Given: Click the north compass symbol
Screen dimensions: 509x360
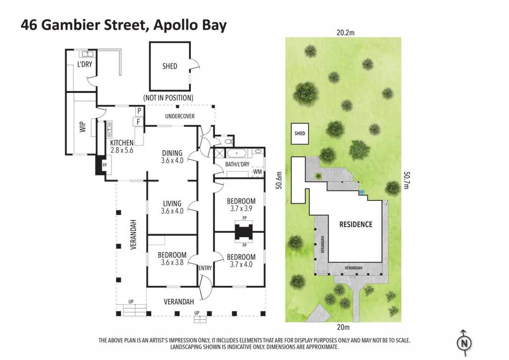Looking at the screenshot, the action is [464, 343].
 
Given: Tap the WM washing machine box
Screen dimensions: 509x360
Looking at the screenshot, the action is [257, 172].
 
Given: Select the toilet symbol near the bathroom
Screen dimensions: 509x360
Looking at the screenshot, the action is [228, 141].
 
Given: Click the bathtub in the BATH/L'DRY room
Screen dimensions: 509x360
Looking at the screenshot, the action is [237, 153].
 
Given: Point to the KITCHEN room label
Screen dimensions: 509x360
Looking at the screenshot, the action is [122, 143].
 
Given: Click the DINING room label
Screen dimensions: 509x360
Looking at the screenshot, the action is [172, 153].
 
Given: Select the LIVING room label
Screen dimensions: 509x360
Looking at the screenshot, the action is [172, 203].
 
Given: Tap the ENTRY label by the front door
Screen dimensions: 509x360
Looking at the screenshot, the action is [205, 268].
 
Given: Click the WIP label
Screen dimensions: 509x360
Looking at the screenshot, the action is [83, 127].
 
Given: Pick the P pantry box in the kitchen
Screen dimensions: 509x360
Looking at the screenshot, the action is [139, 111].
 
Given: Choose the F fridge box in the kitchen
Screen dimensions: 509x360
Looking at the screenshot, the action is [138, 122].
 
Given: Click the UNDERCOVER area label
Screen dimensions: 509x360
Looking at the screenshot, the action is [180, 116].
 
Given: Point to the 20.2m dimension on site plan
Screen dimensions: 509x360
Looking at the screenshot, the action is [345, 32].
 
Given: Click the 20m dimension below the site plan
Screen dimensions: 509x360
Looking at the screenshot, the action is [343, 327].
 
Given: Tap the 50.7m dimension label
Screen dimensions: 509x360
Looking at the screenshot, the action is [406, 180].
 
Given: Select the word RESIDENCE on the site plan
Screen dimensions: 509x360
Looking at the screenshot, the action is [356, 224].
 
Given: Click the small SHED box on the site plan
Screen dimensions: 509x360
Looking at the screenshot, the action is [300, 134].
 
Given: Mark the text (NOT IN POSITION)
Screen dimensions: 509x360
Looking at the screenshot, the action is [168, 98].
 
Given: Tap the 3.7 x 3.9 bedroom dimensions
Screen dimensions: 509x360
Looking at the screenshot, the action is [241, 209].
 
